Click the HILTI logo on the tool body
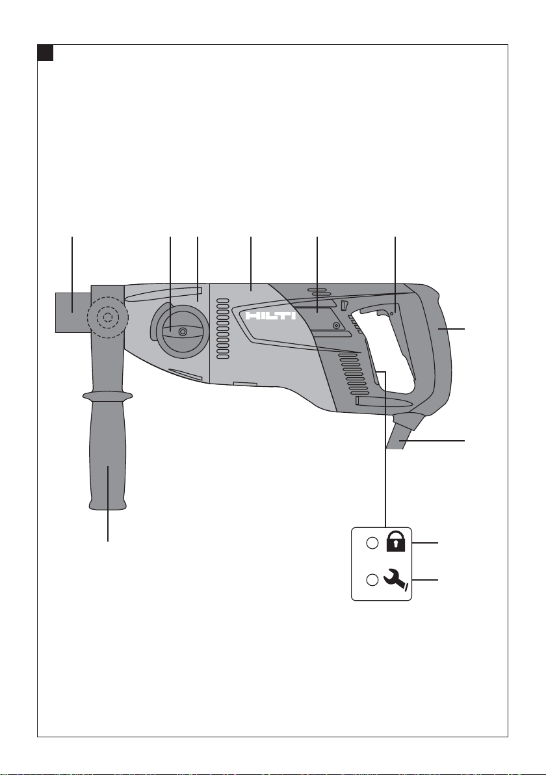(271, 315)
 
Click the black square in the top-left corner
(45, 53)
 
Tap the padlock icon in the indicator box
(396, 541)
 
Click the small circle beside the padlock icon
(372, 543)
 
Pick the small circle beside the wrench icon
(372, 580)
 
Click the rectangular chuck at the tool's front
(73, 312)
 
